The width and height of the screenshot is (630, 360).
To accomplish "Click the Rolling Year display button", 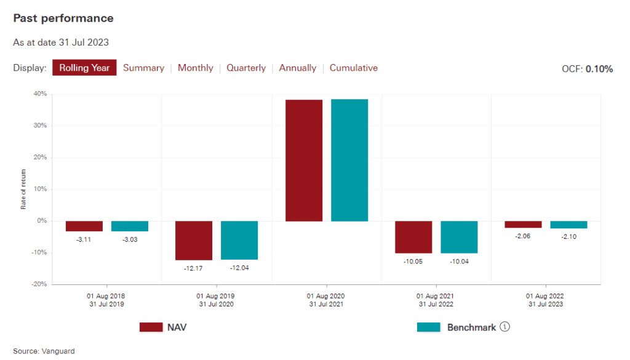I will pos(84,68).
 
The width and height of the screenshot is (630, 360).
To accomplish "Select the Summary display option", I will pos(143,68).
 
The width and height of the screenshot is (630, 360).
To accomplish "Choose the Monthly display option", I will pos(195,68).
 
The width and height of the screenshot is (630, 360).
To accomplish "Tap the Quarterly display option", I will pos(246,68).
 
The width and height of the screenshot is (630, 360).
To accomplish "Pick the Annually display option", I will pos(298,68).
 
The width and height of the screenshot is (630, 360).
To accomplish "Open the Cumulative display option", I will pos(354,68).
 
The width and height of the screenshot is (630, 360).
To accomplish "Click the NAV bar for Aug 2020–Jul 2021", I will pos(304,160).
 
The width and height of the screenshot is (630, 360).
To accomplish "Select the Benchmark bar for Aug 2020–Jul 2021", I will pos(349,160).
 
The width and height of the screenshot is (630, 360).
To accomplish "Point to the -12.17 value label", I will pos(193,268).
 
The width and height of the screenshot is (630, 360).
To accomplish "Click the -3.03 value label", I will pos(129,239).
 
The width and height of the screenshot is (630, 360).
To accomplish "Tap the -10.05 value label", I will pos(413,261).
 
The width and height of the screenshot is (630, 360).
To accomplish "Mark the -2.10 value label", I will pos(568,236).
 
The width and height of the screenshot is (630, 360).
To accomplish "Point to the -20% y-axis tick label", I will pos(39,284).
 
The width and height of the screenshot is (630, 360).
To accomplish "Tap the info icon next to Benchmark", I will pos(505,327).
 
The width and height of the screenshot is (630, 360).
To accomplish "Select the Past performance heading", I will pos(63,18).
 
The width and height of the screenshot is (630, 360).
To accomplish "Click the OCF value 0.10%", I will pos(599,69).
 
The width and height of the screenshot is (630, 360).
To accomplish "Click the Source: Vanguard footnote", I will pos(44,351).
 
